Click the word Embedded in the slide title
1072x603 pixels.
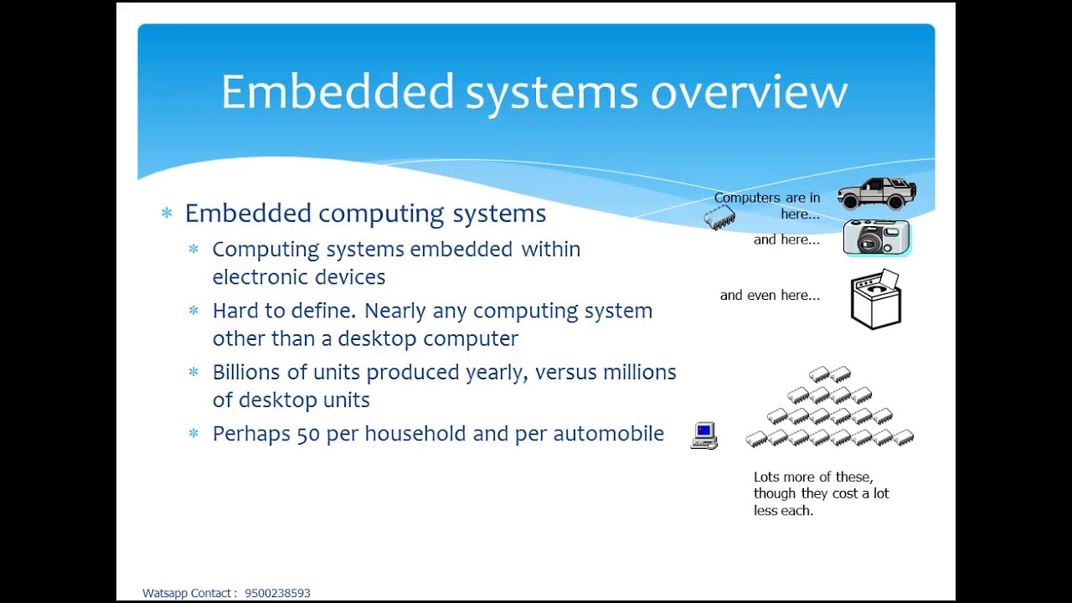337,91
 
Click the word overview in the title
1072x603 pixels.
749,92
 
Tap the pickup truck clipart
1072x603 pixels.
877,193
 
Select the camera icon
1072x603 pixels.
876,237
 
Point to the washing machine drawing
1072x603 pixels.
876,299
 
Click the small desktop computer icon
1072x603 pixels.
704,435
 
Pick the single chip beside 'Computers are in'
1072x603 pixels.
719,218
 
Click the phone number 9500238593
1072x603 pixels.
277,593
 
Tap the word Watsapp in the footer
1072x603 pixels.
165,593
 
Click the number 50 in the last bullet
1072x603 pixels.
308,434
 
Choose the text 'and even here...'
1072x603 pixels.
770,295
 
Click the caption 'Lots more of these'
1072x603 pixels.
812,477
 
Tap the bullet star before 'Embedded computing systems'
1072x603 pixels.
167,214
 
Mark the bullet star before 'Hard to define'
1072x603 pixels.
193,311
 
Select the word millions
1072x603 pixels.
639,372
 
